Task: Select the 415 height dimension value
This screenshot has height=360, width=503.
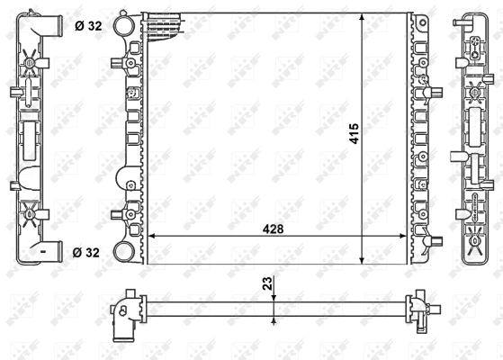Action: click(355, 136)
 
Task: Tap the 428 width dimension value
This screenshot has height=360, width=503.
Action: click(274, 229)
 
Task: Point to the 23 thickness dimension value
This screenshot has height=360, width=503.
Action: click(266, 283)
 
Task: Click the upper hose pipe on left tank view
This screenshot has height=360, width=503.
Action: click(52, 24)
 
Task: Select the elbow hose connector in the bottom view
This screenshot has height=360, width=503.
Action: click(123, 319)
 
